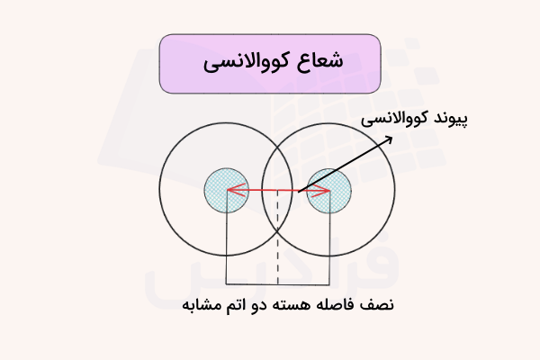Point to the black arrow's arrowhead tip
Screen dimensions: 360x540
(x=393, y=136)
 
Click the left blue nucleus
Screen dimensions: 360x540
(x=226, y=189)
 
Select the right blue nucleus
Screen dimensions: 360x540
(x=328, y=189)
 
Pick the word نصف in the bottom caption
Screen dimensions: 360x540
(x=378, y=306)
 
